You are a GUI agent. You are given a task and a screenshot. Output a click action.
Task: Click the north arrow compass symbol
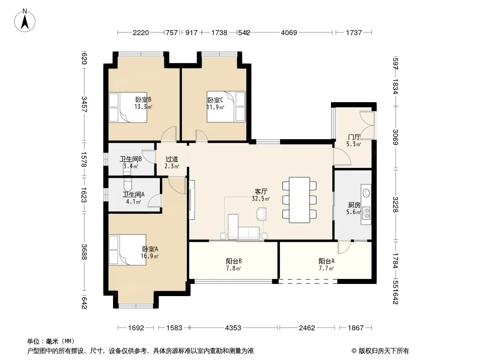click(x=25, y=21)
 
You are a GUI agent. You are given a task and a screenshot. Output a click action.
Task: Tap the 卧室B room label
click(x=143, y=100)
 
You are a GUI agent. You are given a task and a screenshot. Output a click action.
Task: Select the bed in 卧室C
click(x=226, y=107)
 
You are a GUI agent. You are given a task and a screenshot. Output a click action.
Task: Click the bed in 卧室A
click(x=127, y=250)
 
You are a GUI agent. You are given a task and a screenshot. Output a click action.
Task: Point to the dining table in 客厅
click(x=299, y=200)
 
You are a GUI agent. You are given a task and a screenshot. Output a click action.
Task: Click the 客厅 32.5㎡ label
click(x=261, y=195)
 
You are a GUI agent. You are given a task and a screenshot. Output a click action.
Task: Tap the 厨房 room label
click(x=354, y=205)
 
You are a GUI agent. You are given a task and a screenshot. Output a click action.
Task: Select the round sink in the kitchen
click(x=366, y=193)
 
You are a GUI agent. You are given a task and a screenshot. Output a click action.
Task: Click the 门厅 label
click(x=354, y=137)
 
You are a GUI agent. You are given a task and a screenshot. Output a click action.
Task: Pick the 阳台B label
click(x=234, y=261)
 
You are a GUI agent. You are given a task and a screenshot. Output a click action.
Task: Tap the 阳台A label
click(x=326, y=261)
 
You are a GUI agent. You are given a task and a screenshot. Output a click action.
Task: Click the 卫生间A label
click(x=133, y=194)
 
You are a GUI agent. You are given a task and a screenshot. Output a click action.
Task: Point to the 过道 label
click(x=172, y=159)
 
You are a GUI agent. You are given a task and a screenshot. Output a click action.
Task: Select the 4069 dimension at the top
click(x=289, y=32)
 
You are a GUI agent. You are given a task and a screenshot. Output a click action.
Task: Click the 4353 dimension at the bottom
click(x=233, y=328)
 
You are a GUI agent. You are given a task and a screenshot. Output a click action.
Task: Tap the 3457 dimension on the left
click(x=85, y=104)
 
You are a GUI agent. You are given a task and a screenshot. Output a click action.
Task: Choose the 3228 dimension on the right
click(x=395, y=205)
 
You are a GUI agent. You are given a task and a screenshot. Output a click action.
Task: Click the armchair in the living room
click(x=262, y=213)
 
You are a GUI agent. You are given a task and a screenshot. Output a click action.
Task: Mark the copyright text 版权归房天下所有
click(x=384, y=351)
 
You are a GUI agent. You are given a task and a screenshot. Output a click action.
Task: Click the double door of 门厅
click(x=367, y=126)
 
